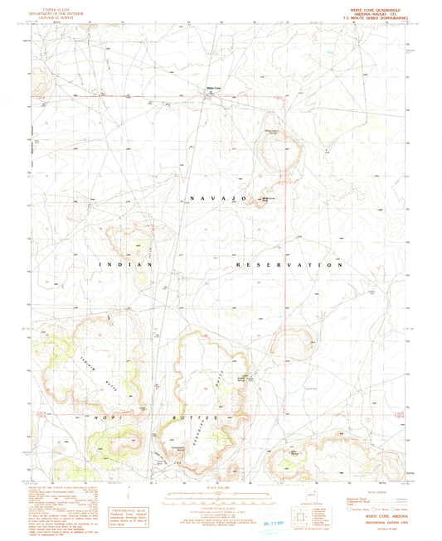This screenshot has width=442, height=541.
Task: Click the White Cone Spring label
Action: (271, 131)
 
